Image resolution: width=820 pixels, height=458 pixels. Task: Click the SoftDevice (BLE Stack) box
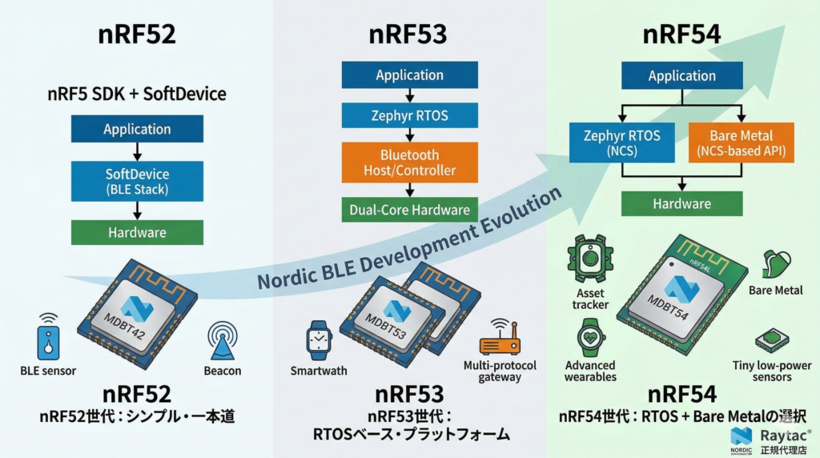point(137,180)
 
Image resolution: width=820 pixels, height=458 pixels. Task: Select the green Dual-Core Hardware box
point(409,210)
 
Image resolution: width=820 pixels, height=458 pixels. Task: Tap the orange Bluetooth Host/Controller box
point(409,162)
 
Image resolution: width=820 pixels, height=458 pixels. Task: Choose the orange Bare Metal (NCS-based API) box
point(741,143)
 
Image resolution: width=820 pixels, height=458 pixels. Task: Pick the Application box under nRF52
point(137,130)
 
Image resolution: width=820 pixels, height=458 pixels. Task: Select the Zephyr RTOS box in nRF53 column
point(409,115)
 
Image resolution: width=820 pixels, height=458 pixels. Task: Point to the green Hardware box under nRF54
point(681,203)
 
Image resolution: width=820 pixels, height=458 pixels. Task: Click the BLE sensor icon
point(48,337)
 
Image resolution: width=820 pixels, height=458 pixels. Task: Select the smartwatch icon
point(318,339)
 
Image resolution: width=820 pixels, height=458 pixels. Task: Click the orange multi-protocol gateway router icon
point(500,340)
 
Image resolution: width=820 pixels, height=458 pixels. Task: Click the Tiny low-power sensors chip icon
point(772,339)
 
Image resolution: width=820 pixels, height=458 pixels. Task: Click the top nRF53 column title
point(408,35)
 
